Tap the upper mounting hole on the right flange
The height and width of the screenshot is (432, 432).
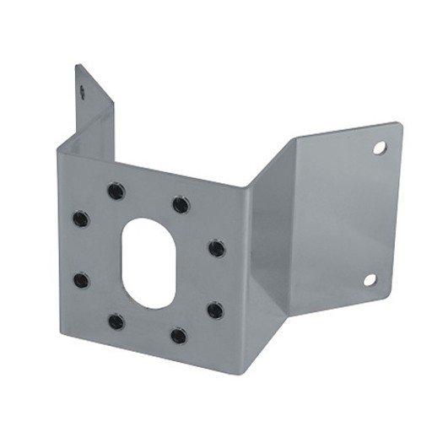pyautogui.click(x=380, y=148)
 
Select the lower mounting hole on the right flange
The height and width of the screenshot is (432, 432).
pyautogui.click(x=370, y=280)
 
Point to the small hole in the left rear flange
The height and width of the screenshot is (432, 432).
pyautogui.click(x=83, y=86)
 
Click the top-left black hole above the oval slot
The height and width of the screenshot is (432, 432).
pyautogui.click(x=115, y=192)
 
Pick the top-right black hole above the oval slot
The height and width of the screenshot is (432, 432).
pyautogui.click(x=181, y=205)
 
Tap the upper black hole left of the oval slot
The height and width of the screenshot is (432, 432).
pyautogui.click(x=80, y=219)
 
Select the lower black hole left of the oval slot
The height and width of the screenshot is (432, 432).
pyautogui.click(x=81, y=280)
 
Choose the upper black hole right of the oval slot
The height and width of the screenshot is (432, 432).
pyautogui.click(x=217, y=248)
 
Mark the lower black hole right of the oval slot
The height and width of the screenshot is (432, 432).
pyautogui.click(x=215, y=310)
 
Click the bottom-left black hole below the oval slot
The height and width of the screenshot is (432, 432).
pyautogui.click(x=116, y=321)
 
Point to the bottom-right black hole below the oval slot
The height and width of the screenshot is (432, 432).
pyautogui.click(x=178, y=336)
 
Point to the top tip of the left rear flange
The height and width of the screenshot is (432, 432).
pyautogui.click(x=77, y=65)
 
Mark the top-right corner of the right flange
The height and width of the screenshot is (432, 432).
pyautogui.click(x=401, y=125)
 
